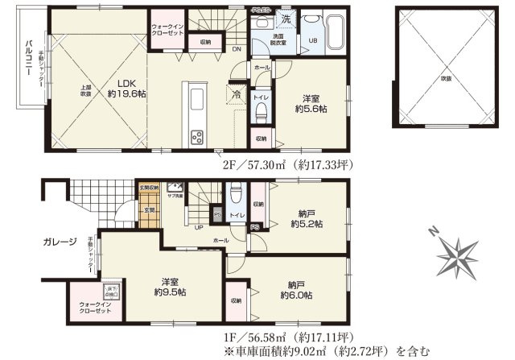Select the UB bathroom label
pos(314,41)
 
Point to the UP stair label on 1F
pos(198,226)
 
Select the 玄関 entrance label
pos(149,210)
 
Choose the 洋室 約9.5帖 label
pos(170,287)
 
